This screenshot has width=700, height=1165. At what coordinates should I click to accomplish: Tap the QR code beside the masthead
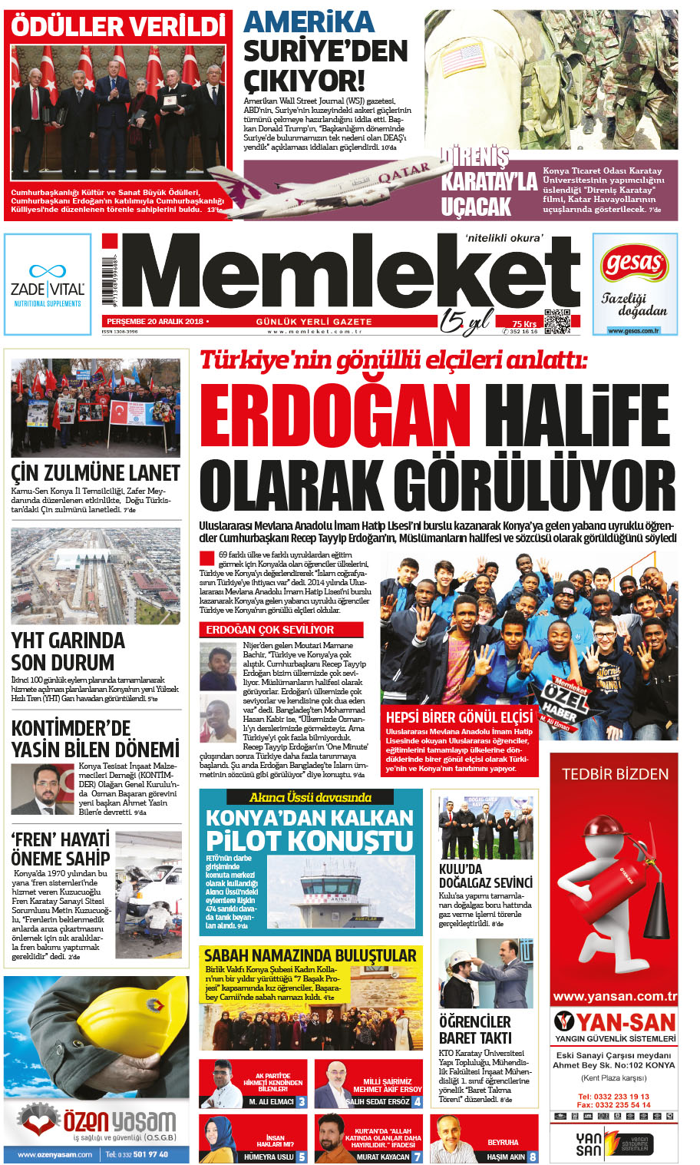[557, 321]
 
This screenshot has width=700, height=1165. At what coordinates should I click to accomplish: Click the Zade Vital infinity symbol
[47, 271]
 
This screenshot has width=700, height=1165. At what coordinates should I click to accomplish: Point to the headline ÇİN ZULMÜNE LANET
[96, 473]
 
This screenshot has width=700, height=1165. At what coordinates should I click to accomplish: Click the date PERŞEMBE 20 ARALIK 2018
[154, 322]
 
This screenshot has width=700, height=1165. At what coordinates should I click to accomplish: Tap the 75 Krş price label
[524, 324]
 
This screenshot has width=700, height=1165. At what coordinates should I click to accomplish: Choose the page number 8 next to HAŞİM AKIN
[532, 1157]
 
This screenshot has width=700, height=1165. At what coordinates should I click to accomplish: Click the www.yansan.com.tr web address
[615, 997]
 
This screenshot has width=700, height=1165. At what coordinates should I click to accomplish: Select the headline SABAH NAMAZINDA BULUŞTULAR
[310, 956]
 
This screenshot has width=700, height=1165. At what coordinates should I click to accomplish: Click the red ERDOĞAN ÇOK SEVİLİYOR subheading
[259, 630]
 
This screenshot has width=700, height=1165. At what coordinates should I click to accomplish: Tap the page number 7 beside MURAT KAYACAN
[417, 1157]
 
